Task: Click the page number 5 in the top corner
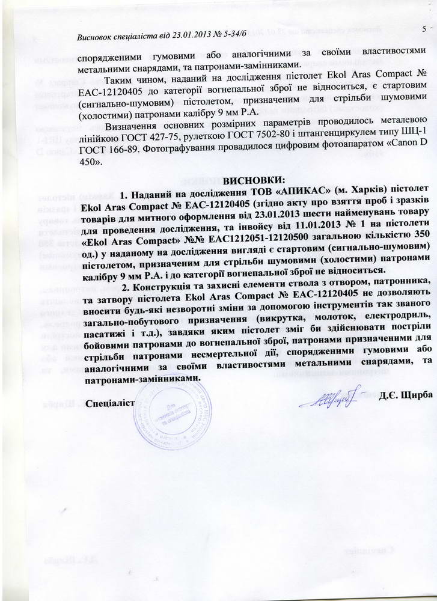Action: pyautogui.click(x=423, y=28)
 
